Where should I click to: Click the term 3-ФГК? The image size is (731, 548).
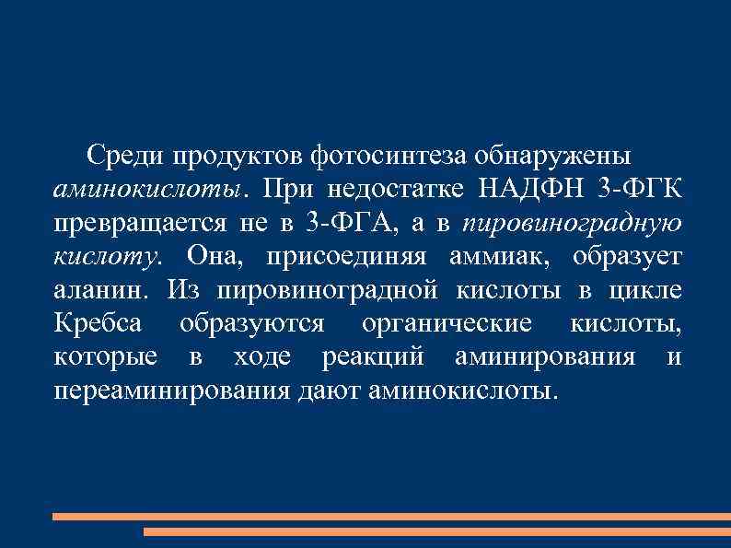pyautogui.click(x=640, y=189)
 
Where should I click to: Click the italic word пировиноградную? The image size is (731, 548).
pyautogui.click(x=572, y=222)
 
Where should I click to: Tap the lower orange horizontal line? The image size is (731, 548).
pyautogui.click(x=436, y=531)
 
